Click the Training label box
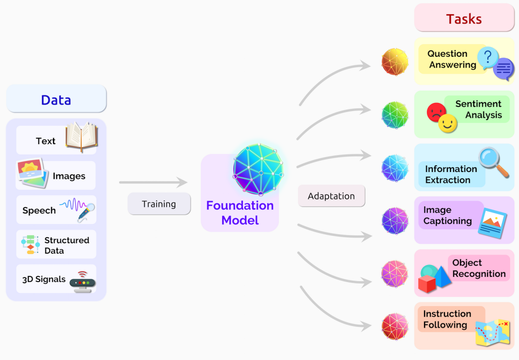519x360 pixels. pos(159,204)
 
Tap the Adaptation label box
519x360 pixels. pos(331,196)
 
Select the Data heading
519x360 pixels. pos(56,100)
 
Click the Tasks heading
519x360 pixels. pos(464,19)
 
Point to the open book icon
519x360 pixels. pos(81,137)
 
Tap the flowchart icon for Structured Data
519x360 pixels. pos(30,244)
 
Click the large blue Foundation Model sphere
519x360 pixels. pos(258,169)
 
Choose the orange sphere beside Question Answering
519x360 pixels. pos(395,62)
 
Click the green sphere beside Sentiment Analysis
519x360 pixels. pos(395,115)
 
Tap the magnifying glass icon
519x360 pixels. pos(493,162)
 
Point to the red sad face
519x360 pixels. pos(435,112)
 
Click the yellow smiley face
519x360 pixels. pos(447,124)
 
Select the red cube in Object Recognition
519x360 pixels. pos(427,284)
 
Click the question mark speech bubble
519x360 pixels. pos(488,58)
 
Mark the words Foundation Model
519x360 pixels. pos(240,213)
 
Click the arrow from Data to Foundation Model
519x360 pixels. pos(153,182)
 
